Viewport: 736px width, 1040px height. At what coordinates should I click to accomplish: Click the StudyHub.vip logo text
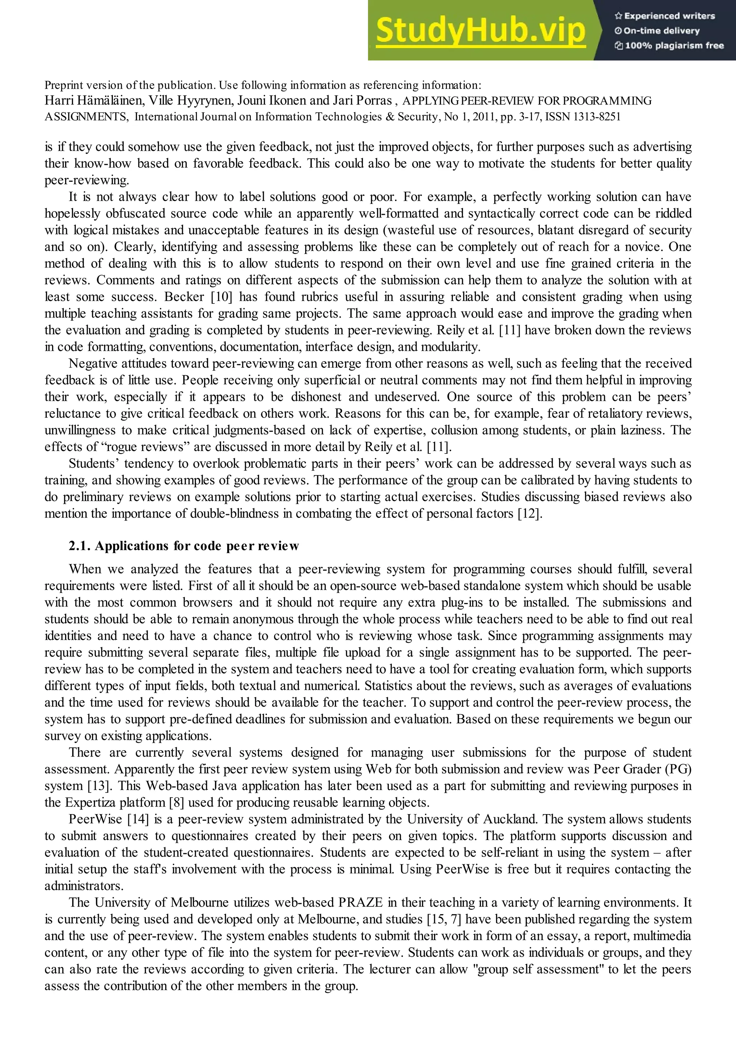coord(480,31)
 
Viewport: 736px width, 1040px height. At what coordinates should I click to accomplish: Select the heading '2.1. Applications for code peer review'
coord(184,546)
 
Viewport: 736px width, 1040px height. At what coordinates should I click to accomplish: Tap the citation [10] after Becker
coord(221,297)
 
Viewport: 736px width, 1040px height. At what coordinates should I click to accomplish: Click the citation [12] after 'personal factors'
coord(529,513)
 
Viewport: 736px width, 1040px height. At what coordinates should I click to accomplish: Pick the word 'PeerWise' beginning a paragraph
coord(95,819)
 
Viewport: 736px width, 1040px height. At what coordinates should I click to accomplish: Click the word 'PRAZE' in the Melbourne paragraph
coord(360,902)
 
